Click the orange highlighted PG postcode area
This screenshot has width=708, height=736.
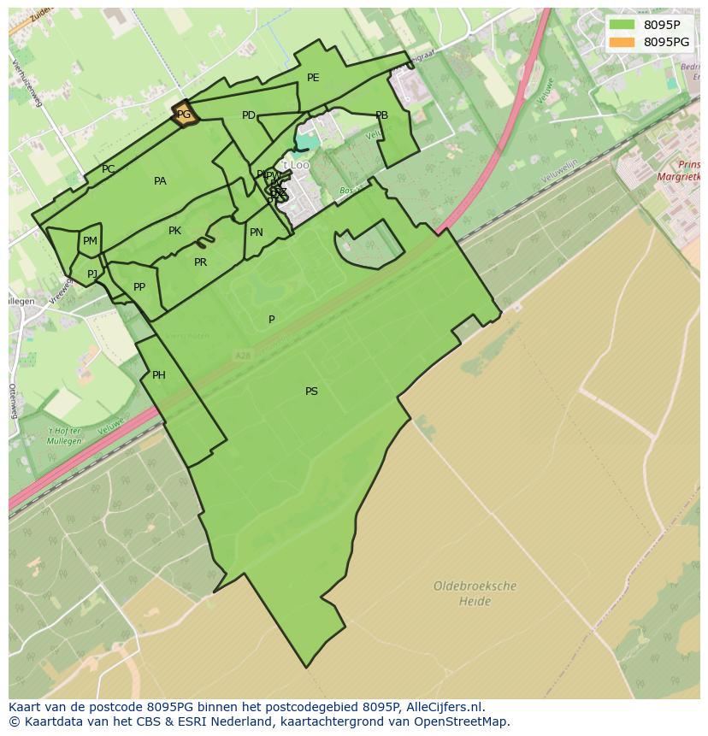click(x=184, y=115)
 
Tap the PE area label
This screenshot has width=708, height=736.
click(x=313, y=78)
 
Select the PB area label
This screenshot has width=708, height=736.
click(x=381, y=115)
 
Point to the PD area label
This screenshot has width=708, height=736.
click(x=249, y=115)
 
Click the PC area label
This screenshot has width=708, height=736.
click(x=108, y=169)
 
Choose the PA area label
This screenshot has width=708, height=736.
click(x=160, y=181)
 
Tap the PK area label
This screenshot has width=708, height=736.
click(x=174, y=231)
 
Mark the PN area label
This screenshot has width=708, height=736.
click(x=257, y=233)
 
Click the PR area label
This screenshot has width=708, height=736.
click(x=200, y=262)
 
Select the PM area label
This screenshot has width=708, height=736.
click(x=90, y=242)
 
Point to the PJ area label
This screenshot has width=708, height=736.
click(x=92, y=274)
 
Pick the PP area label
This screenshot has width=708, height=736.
click(x=139, y=287)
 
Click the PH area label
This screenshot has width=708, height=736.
click(x=159, y=375)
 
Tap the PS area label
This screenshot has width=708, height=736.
click(x=311, y=392)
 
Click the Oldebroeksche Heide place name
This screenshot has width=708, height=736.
click(x=475, y=594)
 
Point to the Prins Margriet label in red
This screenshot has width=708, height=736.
click(x=681, y=171)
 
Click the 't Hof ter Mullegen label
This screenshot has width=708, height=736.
click(x=64, y=436)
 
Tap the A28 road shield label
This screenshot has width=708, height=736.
click(x=243, y=355)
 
